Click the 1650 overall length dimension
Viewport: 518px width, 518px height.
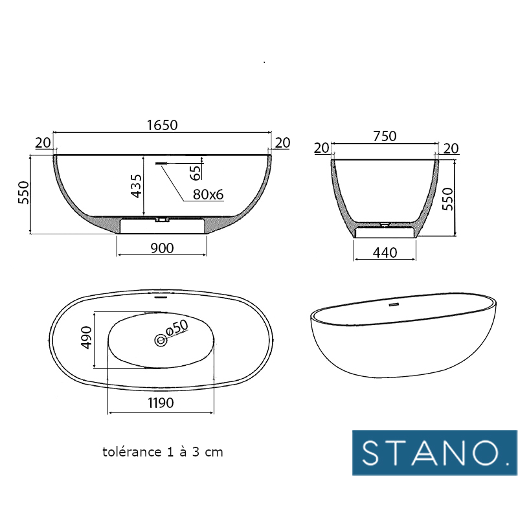162,125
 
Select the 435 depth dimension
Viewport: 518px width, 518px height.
136,186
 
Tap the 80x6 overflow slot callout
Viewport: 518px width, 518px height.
207,194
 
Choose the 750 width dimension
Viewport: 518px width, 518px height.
385,136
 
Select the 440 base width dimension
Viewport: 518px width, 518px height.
385,253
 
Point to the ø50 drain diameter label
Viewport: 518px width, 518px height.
177,328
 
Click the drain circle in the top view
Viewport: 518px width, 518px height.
160,340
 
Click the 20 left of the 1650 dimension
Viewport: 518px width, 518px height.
43,143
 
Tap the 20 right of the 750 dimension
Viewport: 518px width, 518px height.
451,149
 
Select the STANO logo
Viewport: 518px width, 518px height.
434,452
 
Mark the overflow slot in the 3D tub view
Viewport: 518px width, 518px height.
393,304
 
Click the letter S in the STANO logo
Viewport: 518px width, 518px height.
373,453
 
